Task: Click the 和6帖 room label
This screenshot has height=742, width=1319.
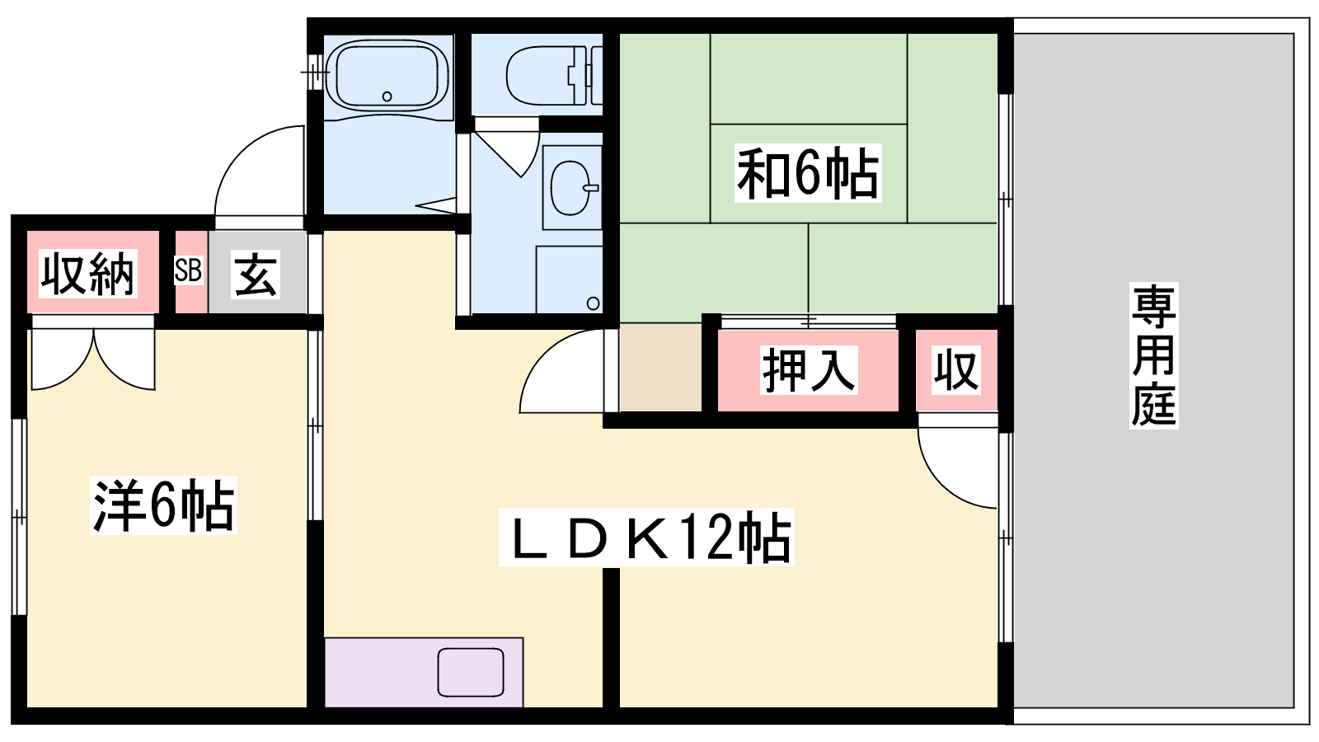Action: (x=807, y=173)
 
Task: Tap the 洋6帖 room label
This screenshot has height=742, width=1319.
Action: (x=163, y=505)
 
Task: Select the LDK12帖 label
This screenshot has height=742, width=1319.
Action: (x=646, y=538)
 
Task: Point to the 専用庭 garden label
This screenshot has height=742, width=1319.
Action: (x=1153, y=355)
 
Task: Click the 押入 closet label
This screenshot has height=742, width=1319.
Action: (x=808, y=370)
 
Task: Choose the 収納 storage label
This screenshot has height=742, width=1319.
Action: (x=88, y=273)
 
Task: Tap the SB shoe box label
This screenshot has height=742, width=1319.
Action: (x=189, y=270)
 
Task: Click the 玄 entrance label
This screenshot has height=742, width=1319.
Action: (x=256, y=274)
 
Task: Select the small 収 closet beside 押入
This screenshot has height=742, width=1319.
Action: (x=955, y=370)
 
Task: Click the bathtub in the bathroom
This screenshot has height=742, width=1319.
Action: (x=387, y=75)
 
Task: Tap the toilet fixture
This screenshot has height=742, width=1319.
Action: (x=553, y=75)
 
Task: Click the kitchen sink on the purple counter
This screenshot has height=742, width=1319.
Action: (x=471, y=672)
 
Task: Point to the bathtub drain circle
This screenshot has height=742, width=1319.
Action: (x=387, y=96)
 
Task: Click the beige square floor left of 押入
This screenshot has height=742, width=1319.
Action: (x=660, y=367)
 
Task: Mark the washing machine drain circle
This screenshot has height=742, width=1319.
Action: (x=594, y=304)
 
